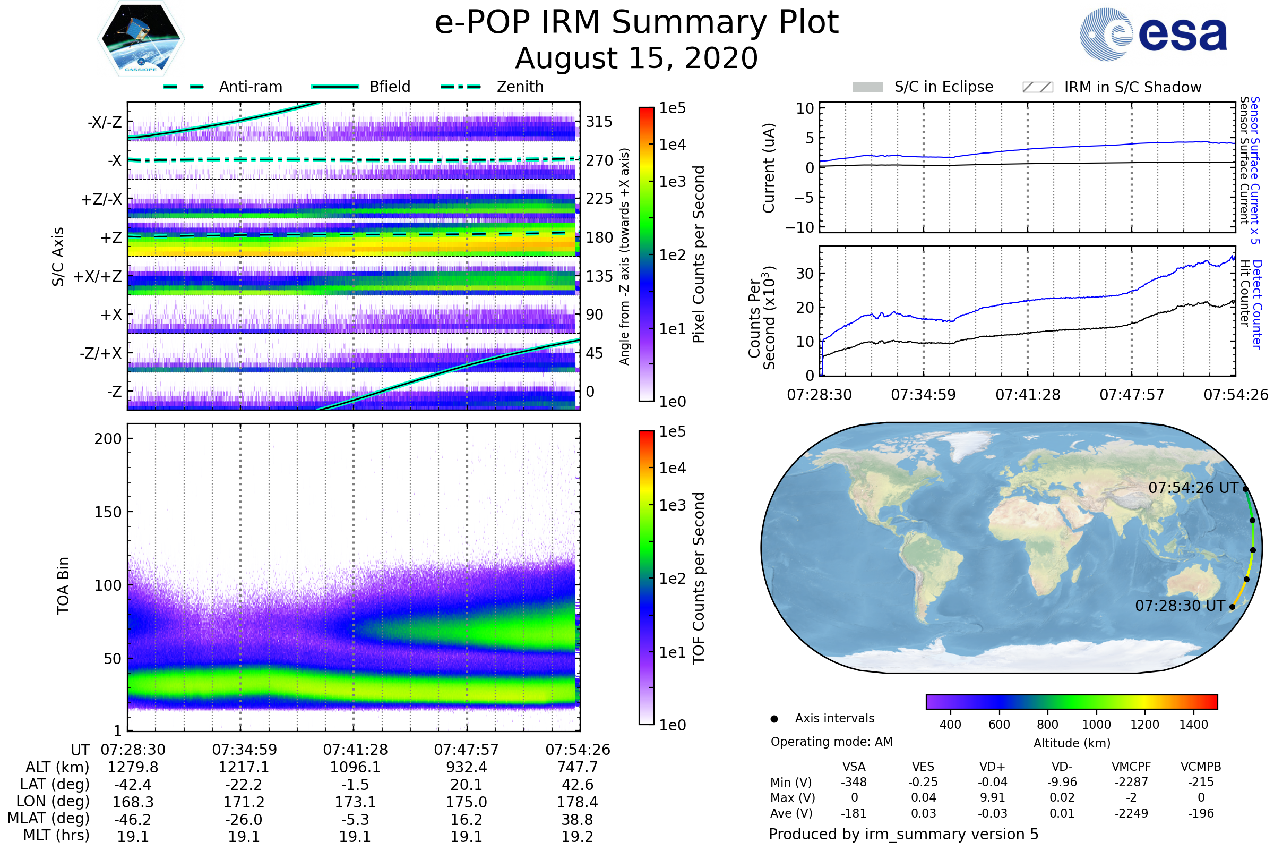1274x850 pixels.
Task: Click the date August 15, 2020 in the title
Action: click(636, 58)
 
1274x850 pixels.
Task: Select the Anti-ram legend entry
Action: click(250, 87)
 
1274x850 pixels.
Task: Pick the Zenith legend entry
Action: click(520, 87)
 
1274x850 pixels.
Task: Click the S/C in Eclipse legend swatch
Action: click(868, 87)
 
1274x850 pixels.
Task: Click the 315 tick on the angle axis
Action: click(599, 122)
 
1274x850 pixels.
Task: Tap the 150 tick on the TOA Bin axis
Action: click(108, 512)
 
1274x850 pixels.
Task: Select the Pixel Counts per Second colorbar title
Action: click(699, 254)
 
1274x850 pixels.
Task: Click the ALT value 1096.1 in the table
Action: click(355, 767)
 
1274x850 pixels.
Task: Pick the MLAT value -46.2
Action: click(133, 819)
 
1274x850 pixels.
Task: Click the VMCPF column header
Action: click(1131, 767)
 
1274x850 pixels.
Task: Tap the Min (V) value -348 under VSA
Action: click(854, 782)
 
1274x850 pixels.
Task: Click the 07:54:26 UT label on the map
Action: click(1193, 488)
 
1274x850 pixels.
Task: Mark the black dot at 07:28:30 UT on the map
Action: click(1232, 607)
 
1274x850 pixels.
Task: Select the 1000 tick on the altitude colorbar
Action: click(1096, 725)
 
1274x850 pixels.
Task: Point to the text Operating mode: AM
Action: click(831, 742)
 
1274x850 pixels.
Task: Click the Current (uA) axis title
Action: click(769, 168)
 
